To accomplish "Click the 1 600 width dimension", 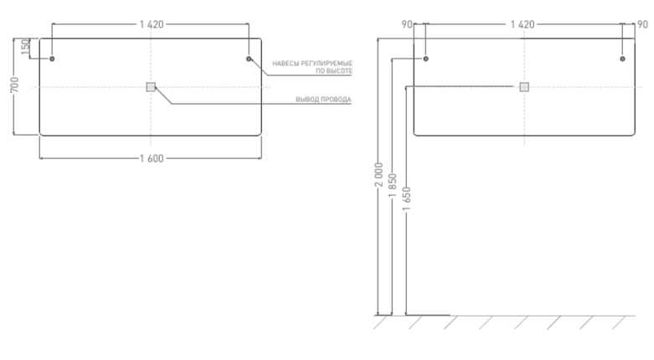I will pos(151,159).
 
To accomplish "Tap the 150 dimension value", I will pos(26,48).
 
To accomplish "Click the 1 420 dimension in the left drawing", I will pos(151,24).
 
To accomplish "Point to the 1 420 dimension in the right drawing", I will pos(523,24).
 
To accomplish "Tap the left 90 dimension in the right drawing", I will pos(407,24).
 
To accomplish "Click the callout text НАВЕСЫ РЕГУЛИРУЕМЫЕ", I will pos(312,63).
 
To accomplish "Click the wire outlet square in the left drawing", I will pos(151,86).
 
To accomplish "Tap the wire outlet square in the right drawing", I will pos(524,86).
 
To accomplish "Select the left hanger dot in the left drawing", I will pos(52,59).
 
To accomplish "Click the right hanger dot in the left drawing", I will pos(249,59).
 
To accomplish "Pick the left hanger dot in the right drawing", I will pos(425,59).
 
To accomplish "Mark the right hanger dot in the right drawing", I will pos(622,59).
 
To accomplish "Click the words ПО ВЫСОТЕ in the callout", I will pos(334,71).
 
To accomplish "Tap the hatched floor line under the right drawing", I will pos(502,321).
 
